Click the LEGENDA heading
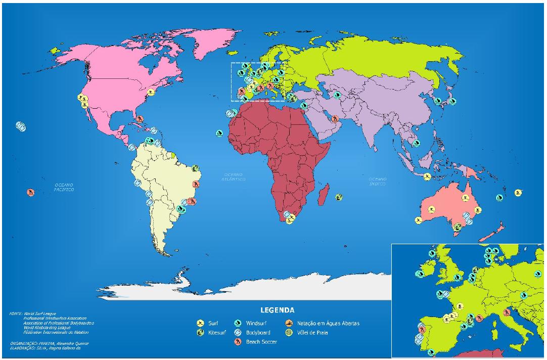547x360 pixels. [x=278, y=310]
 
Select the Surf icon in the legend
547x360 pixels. [x=201, y=323]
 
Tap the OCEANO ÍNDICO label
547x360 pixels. [x=378, y=181]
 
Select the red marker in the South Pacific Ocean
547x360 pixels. [x=31, y=192]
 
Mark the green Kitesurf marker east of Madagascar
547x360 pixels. [x=338, y=197]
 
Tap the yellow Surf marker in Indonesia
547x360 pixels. [x=427, y=176]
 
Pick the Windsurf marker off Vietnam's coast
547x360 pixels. [x=416, y=143]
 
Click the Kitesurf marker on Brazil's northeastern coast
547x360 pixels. [x=195, y=168]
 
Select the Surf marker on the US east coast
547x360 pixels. [x=151, y=93]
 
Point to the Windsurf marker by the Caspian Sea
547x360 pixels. [x=337, y=94]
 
